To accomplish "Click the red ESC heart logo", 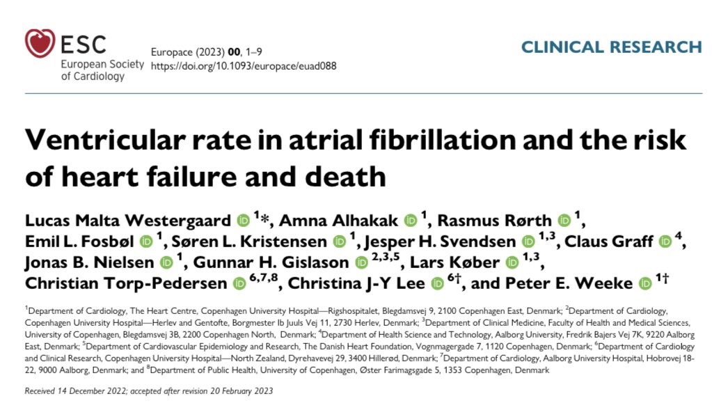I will point(40,42).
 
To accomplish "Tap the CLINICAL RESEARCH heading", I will point(611,47).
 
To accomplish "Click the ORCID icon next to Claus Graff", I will point(666,242).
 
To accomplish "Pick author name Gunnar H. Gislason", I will point(271,262).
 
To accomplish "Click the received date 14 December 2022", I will point(91,391).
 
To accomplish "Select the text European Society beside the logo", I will point(104,64).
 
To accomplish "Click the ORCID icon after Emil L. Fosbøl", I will point(145,242).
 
